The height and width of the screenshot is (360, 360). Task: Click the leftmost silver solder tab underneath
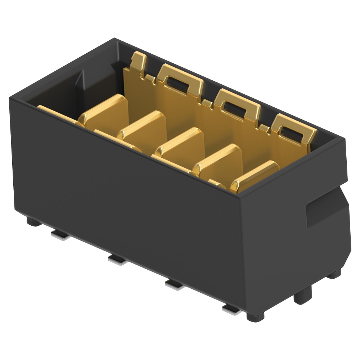coord(60,235)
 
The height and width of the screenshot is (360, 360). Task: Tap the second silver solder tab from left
coord(117,260)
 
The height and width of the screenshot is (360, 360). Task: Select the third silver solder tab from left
coord(175,284)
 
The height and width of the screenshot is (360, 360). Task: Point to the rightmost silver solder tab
coord(231,309)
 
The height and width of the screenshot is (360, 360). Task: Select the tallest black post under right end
coord(302,296)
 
